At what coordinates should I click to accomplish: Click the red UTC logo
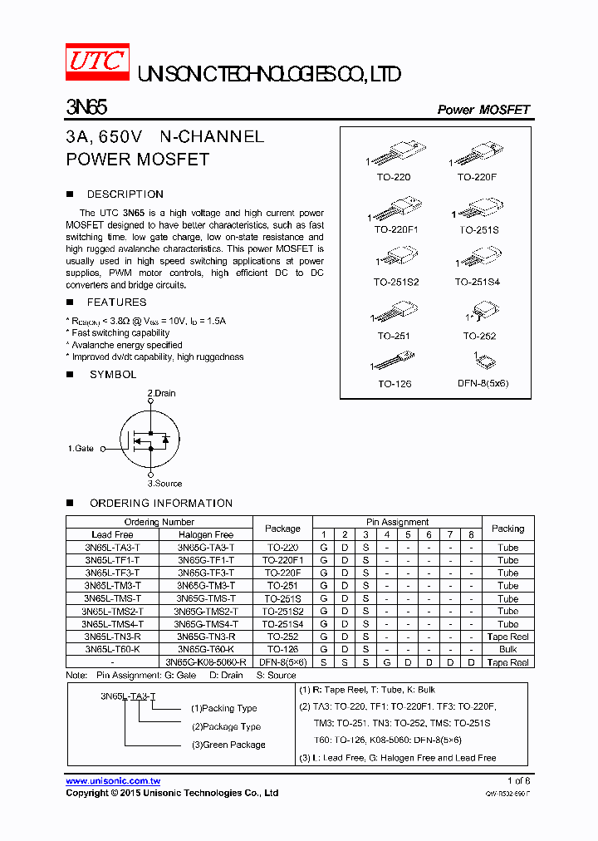[x=97, y=62]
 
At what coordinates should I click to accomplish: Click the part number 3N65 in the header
[x=86, y=108]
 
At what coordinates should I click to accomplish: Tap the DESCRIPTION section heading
[x=125, y=194]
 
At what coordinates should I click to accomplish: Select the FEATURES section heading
[x=116, y=302]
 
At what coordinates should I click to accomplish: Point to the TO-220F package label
[x=476, y=177]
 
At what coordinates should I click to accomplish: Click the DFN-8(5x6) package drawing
[x=483, y=361]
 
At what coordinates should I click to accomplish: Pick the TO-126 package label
[x=395, y=384]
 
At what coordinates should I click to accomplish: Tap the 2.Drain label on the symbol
[x=161, y=393]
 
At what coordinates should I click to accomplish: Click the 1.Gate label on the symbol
[x=81, y=448]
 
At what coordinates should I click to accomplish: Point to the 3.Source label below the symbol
[x=164, y=483]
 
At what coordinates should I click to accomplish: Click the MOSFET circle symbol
[x=150, y=438]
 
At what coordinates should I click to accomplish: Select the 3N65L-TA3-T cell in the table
[x=112, y=548]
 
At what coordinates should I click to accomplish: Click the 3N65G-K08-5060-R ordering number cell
[x=205, y=662]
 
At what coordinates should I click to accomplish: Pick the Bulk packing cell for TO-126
[x=507, y=649]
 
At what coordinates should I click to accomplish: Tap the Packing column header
[x=507, y=528]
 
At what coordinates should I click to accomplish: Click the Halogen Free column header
[x=205, y=534]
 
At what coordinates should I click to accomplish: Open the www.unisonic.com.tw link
[x=113, y=781]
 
